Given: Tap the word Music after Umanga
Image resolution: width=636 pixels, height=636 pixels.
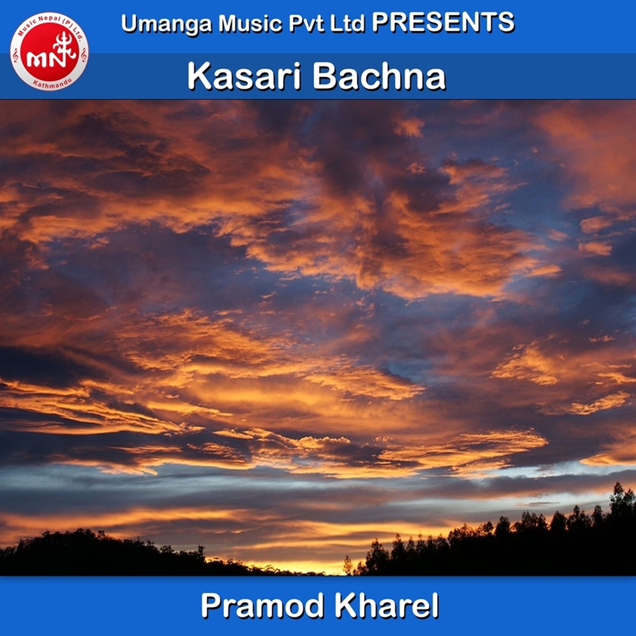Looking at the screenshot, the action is (x=251, y=23).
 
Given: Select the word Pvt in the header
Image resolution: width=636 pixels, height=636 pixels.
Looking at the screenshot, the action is (x=307, y=23).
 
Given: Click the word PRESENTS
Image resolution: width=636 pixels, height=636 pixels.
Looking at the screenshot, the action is (x=443, y=22).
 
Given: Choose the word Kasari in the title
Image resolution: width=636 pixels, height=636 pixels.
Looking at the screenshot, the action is (x=244, y=76).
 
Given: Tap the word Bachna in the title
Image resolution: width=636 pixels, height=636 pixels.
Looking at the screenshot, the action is (x=379, y=76).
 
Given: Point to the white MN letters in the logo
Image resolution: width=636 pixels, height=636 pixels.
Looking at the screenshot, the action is (x=46, y=60).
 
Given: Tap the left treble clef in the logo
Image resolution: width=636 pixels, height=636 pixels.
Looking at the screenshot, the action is (x=15, y=56).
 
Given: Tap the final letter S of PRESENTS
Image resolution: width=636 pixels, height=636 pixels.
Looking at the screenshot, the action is (x=505, y=22).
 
